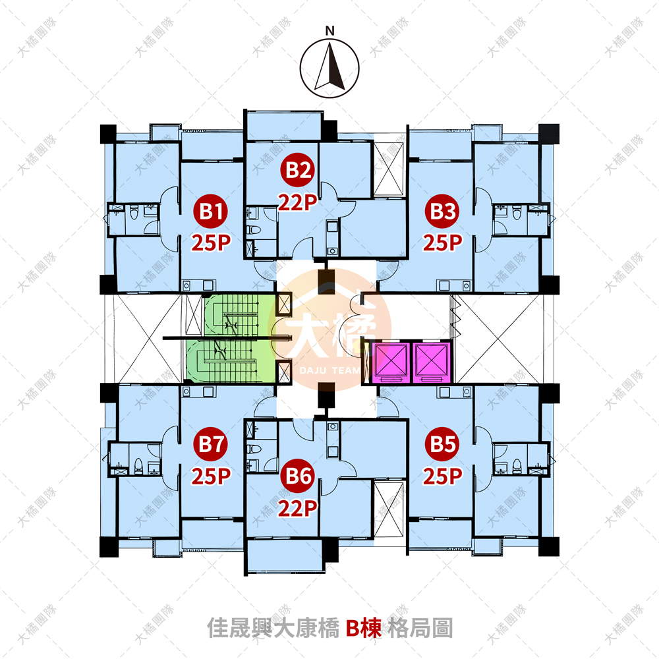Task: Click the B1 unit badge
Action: pos(211,211)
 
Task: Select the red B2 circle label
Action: pos(298,170)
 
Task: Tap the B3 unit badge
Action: pos(442,211)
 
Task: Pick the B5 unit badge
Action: pos(442,444)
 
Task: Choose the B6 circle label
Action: pos(298,476)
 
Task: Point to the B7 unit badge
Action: pos(211,444)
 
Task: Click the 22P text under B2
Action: pos(298,203)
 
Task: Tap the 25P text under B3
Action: pos(443,243)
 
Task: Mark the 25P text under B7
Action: pos(211,476)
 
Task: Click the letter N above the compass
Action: pos(330,31)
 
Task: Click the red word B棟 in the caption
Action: pos(364,628)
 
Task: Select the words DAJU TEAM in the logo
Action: pos(330,370)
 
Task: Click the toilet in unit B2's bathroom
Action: pos(254,229)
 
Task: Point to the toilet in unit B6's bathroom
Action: pos(254,448)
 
